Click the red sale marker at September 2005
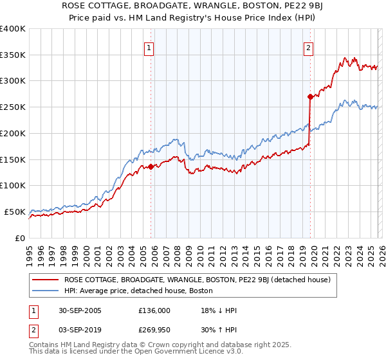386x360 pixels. click(151, 166)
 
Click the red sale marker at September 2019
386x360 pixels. click(309, 96)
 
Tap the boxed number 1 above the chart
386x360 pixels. click(149, 47)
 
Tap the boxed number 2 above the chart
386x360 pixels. click(308, 47)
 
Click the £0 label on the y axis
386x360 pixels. click(21, 238)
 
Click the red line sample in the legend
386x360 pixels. click(46, 280)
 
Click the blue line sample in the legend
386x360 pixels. click(46, 291)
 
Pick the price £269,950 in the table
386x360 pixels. click(154, 330)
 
